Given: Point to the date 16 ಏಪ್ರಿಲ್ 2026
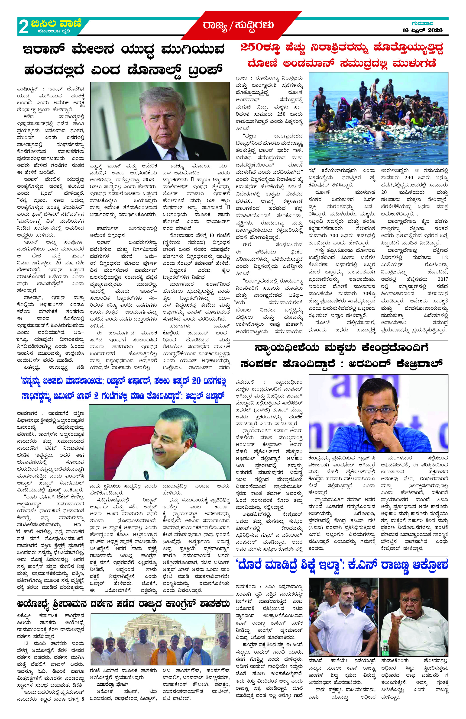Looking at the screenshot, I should click(x=422, y=30).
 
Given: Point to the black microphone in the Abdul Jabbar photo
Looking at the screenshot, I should click(x=147, y=475).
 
